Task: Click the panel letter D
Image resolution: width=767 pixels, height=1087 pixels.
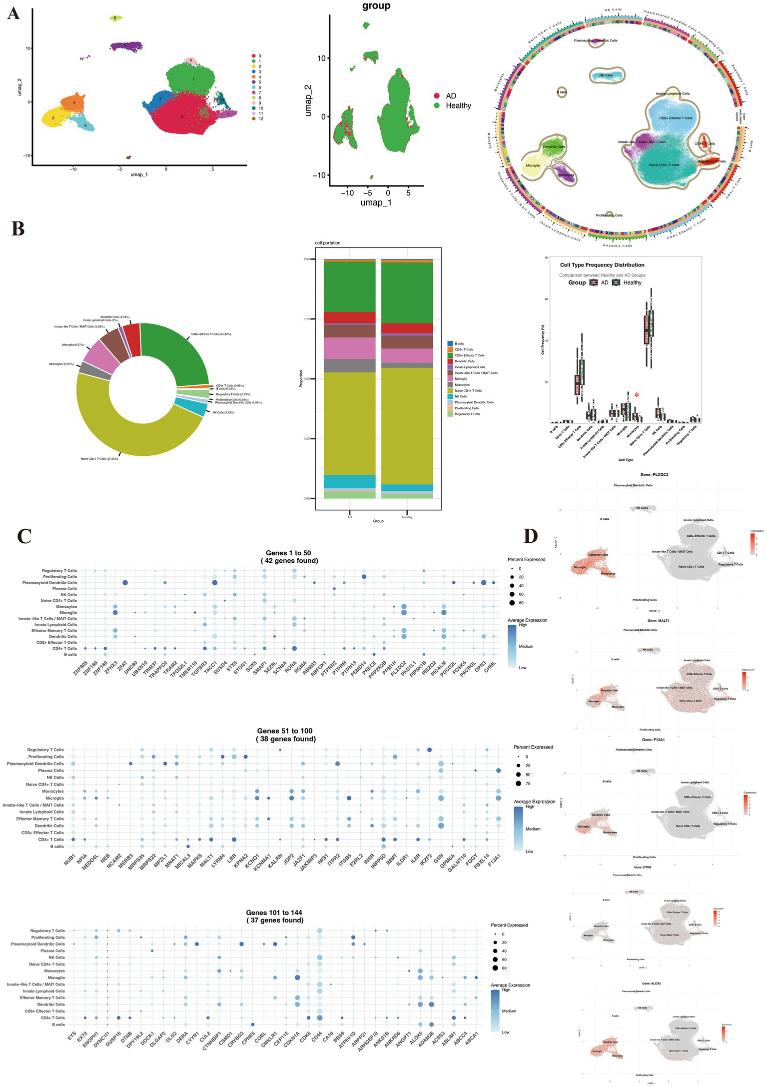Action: (x=531, y=536)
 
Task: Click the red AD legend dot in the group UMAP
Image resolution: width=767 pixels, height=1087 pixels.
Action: (x=437, y=96)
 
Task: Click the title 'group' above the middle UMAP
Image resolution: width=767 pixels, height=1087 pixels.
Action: (x=376, y=6)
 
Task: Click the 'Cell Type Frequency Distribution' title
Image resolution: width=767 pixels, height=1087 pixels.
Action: (x=602, y=265)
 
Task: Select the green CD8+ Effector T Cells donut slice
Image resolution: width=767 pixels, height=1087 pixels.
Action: (x=180, y=350)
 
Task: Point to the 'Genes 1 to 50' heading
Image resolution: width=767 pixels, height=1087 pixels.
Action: (x=288, y=553)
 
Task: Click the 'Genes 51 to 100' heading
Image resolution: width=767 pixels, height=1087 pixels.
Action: (x=285, y=731)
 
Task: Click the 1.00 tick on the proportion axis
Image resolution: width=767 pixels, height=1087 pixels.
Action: (x=306, y=259)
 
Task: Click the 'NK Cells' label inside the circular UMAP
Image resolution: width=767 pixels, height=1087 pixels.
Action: (x=602, y=75)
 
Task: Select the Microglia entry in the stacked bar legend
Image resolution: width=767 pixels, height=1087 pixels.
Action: (x=461, y=379)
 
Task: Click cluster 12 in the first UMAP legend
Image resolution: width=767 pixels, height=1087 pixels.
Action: (x=261, y=118)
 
